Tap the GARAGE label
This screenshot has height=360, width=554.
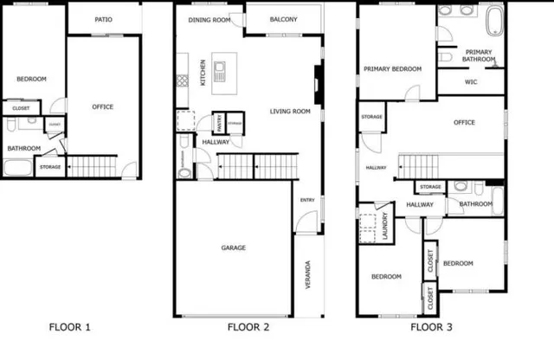click(x=233, y=247)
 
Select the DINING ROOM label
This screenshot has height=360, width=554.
click(x=209, y=19)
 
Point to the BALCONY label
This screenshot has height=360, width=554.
click(x=283, y=19)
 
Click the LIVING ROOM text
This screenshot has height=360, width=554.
click(x=290, y=111)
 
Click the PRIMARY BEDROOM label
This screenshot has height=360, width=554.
click(x=392, y=69)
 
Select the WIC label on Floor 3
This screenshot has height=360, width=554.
click(x=471, y=82)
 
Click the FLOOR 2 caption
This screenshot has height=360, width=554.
click(x=248, y=327)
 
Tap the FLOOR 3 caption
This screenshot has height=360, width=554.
click(x=431, y=327)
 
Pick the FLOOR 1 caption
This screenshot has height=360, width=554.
click(x=69, y=327)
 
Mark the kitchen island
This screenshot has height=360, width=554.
click(x=219, y=71)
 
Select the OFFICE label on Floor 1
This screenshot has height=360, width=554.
click(x=103, y=106)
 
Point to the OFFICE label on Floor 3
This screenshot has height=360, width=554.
click(x=464, y=122)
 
